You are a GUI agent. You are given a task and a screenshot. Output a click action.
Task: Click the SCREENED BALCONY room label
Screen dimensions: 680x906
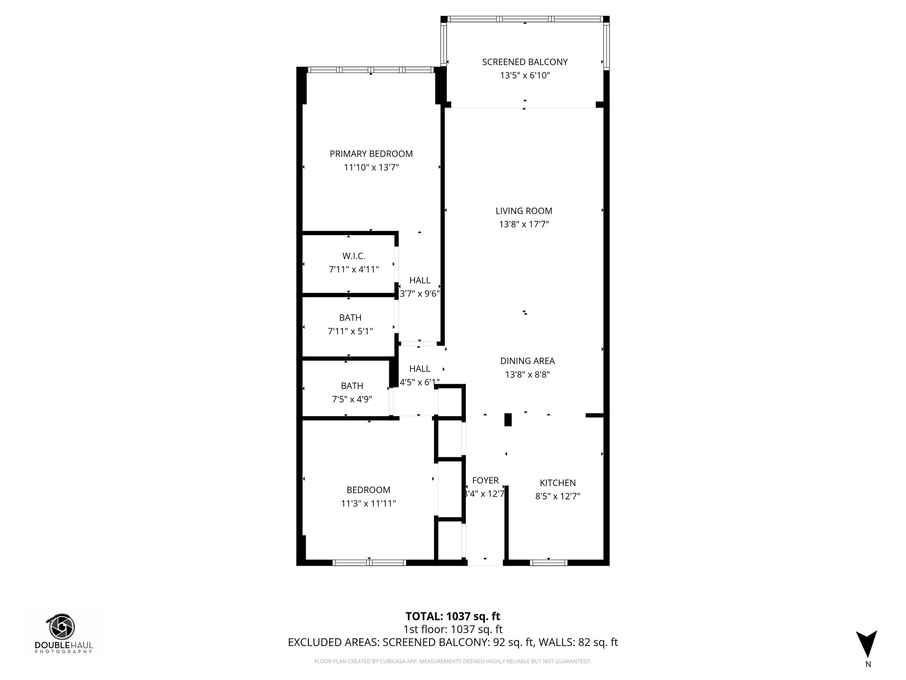click(525, 62)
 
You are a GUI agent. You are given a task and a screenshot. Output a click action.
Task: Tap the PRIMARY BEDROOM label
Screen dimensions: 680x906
click(371, 154)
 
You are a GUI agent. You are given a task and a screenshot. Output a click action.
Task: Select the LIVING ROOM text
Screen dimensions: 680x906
click(524, 211)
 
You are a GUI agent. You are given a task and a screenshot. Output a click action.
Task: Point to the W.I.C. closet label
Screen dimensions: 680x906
click(353, 256)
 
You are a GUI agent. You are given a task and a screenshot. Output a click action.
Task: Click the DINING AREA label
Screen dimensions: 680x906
click(527, 361)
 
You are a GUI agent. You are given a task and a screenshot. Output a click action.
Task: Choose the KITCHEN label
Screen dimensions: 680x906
click(557, 483)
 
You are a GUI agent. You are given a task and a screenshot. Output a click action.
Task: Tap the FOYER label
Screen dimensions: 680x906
click(485, 480)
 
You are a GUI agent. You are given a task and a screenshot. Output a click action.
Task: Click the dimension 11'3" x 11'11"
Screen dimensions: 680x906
click(368, 503)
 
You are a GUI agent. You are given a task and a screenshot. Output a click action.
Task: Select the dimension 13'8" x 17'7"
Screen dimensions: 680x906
click(524, 224)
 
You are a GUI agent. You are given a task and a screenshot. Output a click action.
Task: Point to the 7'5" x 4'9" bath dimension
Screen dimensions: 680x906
click(352, 399)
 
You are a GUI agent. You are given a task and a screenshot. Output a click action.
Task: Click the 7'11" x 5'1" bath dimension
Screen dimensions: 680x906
click(350, 331)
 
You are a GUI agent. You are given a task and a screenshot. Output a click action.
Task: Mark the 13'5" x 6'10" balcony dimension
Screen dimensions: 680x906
click(525, 76)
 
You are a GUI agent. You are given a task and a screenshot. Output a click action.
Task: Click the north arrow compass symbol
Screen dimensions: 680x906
click(866, 645)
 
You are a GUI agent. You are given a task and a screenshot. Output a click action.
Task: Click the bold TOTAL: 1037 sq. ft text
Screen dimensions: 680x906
click(453, 616)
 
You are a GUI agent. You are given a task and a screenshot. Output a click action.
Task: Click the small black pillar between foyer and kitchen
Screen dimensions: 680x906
click(508, 420)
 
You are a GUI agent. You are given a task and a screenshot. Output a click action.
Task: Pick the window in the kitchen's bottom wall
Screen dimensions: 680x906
click(549, 563)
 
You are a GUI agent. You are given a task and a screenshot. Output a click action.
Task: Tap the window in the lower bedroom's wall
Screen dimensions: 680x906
click(369, 563)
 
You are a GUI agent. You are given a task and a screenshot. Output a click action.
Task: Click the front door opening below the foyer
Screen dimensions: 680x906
click(485, 563)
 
